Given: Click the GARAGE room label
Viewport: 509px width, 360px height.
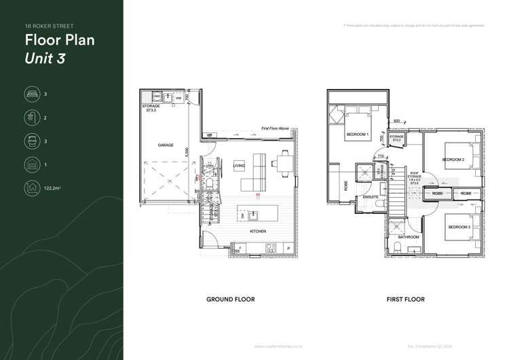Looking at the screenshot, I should (166, 145).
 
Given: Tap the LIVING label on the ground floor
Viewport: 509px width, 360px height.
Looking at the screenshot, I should (239, 166).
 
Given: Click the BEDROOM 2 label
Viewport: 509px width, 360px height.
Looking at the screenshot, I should (452, 160).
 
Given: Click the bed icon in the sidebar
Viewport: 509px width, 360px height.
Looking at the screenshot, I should (31, 94).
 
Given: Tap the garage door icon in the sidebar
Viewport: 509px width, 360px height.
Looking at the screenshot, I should (31, 164).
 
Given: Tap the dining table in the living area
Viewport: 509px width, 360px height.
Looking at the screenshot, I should (282, 163).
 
